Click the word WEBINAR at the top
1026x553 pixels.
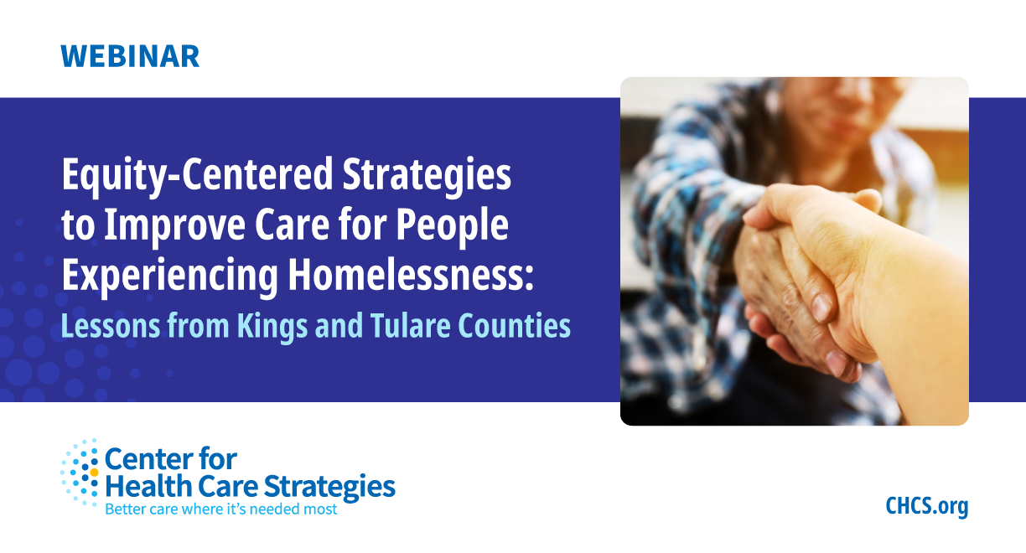tap(130, 56)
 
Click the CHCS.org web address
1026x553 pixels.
tap(926, 506)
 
